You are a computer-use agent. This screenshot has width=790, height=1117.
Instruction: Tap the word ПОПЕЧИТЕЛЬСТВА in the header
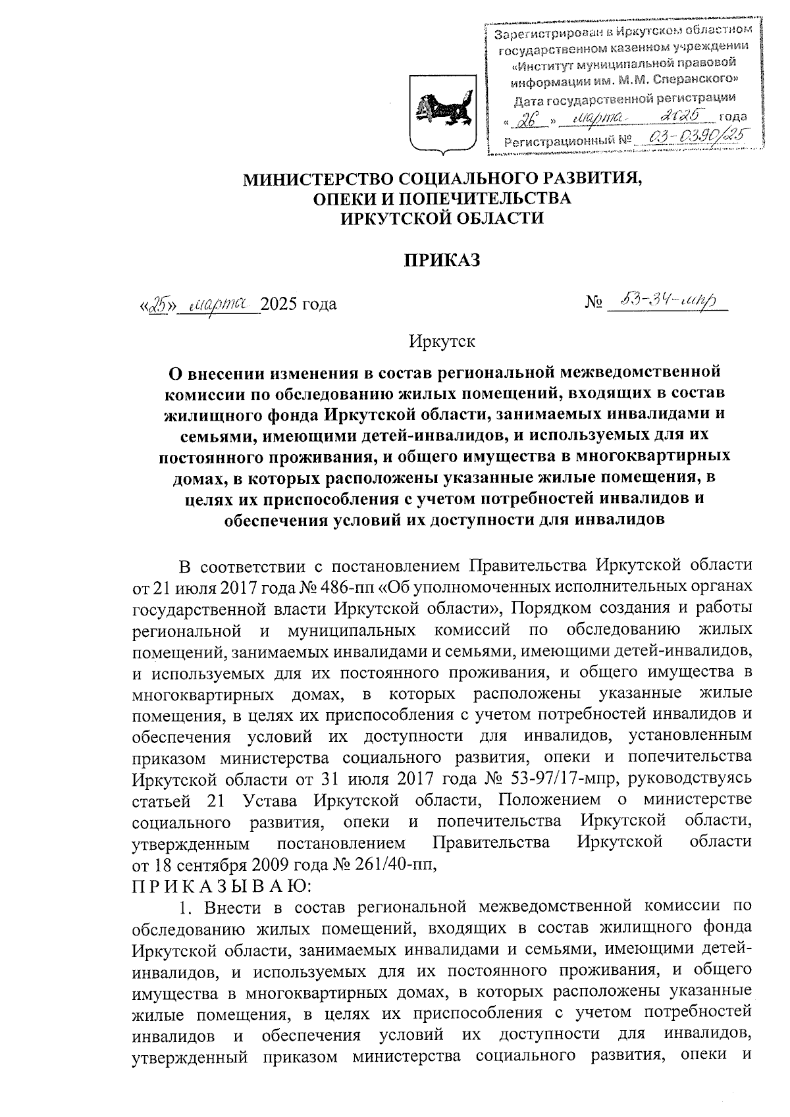pyautogui.click(x=473, y=198)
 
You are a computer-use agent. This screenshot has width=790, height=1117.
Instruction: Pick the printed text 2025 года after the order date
pyautogui.click(x=299, y=304)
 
